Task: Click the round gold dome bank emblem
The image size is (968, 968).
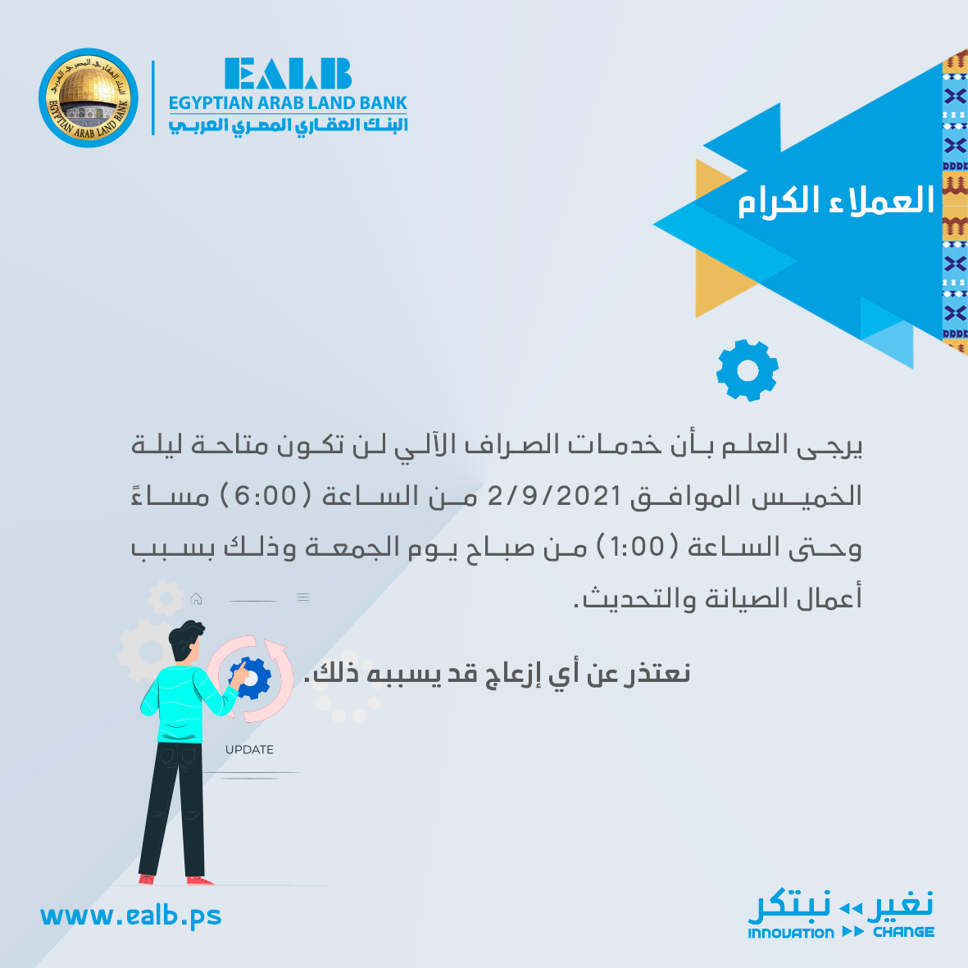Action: coord(89,98)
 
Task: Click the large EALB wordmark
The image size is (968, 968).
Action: coord(288,74)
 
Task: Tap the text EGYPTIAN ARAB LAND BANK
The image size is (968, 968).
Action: coord(288,103)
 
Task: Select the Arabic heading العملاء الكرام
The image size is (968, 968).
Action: coord(836,201)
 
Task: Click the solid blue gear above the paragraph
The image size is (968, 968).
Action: coord(747,370)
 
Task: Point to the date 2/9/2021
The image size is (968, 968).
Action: coord(554,496)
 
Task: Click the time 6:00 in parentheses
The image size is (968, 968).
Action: coord(266,496)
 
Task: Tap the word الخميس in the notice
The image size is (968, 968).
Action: coord(807,496)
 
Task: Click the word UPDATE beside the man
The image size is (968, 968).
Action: coord(249,749)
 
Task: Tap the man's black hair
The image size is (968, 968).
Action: coord(185,638)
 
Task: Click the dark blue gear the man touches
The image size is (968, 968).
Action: coord(251,678)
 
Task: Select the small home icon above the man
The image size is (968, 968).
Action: coord(196,598)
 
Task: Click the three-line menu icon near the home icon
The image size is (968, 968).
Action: coord(303,597)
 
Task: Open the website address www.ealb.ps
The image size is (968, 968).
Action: coord(131,916)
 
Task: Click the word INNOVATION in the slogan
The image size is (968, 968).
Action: coord(791,933)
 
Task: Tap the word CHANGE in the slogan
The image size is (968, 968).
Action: coord(904,932)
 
